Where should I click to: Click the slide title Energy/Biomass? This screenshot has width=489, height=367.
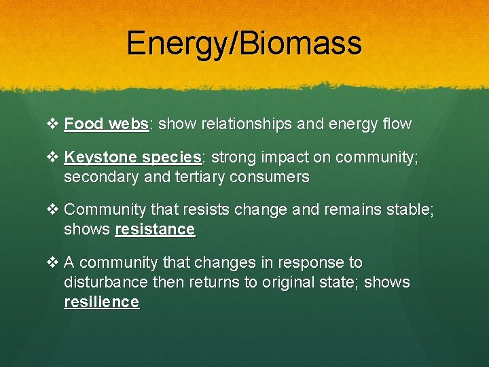point(244,43)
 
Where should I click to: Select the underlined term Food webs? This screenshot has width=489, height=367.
point(107,124)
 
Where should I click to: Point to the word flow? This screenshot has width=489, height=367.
point(397,124)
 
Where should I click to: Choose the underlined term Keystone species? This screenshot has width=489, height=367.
point(133,158)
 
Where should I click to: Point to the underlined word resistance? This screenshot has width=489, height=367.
point(155,230)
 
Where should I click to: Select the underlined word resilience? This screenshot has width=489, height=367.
point(101,301)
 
